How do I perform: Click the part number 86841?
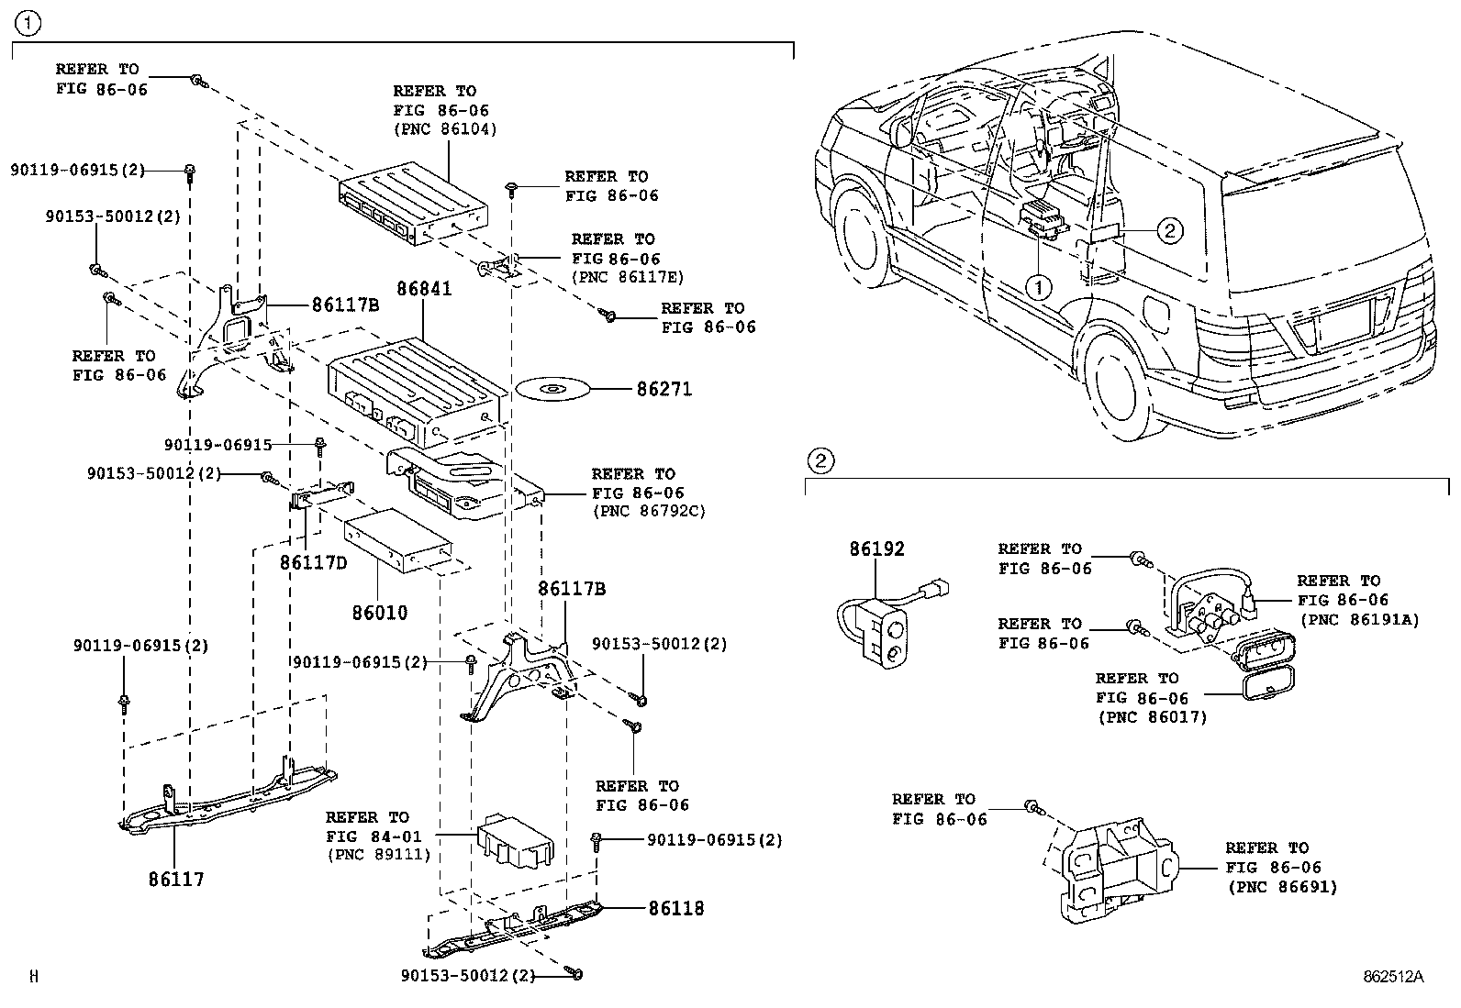point(424,288)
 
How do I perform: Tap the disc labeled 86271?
point(552,389)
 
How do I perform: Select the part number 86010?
point(380,613)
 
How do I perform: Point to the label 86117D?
point(314,562)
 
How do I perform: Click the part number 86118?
point(676,908)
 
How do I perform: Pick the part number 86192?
point(876,549)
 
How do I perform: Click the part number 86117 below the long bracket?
point(176,880)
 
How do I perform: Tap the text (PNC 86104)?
point(445,129)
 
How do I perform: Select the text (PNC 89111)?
point(379,855)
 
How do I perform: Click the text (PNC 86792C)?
point(649,511)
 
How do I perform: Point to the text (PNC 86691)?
point(1282,887)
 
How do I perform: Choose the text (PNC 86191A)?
point(1360,619)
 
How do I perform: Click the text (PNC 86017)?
point(1153,717)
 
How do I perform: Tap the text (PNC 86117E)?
point(628,277)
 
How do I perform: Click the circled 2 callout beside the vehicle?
point(1170,230)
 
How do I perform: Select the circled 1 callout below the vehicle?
point(1039,287)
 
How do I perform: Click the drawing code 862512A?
point(1393,977)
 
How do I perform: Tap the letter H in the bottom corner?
point(34,976)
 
